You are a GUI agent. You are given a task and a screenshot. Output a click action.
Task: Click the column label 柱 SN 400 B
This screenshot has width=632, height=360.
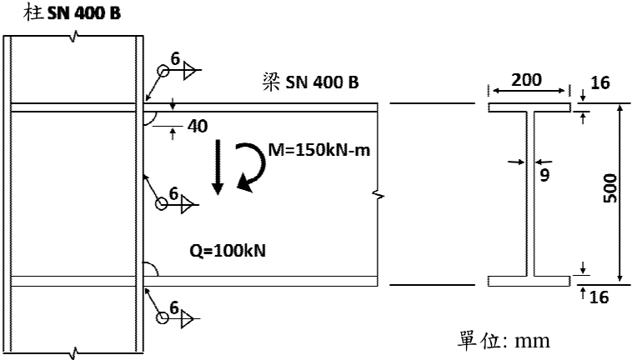point(73,12)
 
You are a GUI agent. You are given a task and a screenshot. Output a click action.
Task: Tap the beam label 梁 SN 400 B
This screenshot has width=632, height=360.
point(310,82)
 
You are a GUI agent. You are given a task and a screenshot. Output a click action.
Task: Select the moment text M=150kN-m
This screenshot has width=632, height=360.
point(319,150)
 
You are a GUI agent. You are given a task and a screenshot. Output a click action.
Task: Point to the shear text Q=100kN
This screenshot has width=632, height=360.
point(228,251)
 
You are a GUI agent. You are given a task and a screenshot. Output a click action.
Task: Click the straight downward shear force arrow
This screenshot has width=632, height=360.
point(218,167)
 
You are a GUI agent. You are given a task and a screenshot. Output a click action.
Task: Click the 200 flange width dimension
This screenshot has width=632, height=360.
point(526,80)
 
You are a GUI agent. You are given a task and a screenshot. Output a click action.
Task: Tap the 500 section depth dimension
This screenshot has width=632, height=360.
point(610,188)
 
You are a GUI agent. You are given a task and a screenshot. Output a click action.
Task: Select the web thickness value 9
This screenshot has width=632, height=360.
point(544,175)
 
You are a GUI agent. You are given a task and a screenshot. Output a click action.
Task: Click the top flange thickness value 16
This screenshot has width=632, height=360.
point(600,83)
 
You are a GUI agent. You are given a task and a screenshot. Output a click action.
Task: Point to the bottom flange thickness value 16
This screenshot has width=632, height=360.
point(599,297)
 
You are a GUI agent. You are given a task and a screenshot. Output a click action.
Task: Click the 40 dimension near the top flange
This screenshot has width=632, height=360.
point(198,127)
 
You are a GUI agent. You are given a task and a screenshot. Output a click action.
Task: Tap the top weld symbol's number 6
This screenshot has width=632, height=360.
point(175,59)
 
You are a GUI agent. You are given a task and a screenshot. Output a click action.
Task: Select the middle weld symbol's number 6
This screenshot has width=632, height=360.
point(173,193)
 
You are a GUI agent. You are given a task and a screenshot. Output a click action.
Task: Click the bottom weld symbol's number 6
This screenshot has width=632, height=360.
point(174,308)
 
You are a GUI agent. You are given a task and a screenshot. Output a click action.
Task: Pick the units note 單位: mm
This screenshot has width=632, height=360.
point(504,341)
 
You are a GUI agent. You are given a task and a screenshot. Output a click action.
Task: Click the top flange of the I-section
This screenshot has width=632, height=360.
point(529,107)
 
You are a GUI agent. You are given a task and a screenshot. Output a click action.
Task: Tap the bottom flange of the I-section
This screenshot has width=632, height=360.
point(529,281)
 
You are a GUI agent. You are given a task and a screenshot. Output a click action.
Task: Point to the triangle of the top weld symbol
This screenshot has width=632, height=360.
point(189,71)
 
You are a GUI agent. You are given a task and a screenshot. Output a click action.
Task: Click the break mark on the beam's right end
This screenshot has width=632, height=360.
point(378,196)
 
